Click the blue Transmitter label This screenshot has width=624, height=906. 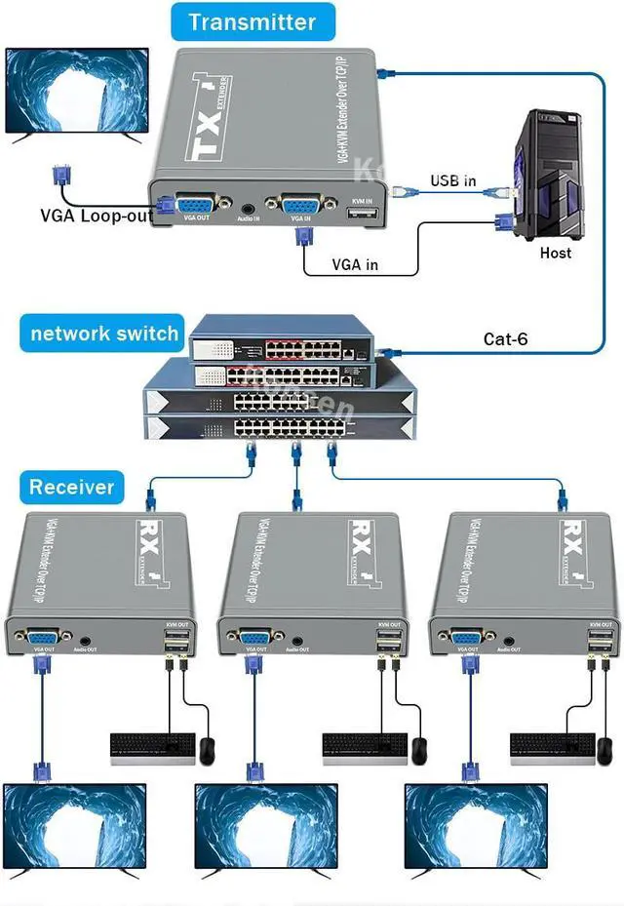(x=252, y=21)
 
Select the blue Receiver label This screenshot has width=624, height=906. (x=71, y=487)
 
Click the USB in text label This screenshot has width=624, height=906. (x=453, y=180)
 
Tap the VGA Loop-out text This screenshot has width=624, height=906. (x=96, y=216)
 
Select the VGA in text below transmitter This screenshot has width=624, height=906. (x=355, y=264)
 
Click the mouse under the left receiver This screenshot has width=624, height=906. (x=207, y=750)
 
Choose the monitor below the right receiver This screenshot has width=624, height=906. (x=463, y=824)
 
